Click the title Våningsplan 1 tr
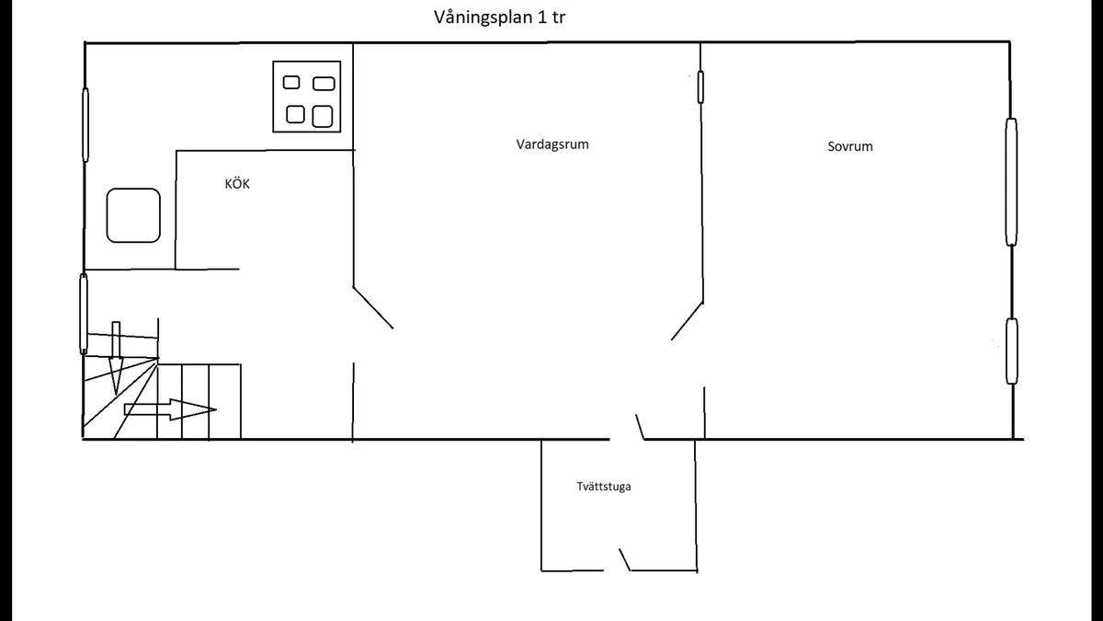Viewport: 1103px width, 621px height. pos(499,17)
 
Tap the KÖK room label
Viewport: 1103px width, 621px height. pos(237,183)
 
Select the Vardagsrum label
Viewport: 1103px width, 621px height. pos(552,144)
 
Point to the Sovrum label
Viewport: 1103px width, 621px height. pos(850,146)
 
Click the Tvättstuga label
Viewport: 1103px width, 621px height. pos(604,487)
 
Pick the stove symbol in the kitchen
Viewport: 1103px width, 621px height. pos(307,97)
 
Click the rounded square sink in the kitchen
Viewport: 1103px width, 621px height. pos(133,215)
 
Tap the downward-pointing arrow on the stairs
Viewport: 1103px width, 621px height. pos(116,358)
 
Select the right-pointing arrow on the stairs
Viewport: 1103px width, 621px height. pos(170,409)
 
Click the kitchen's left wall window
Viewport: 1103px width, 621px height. pos(85,125)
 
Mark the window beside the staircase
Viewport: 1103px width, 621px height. pos(84,314)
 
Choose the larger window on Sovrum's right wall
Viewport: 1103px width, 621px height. pos(1011,182)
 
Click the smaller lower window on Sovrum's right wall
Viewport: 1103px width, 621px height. pos(1012,351)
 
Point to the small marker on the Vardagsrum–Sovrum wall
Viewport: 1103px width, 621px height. pos(700,87)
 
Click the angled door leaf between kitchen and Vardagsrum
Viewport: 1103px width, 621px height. pos(373,307)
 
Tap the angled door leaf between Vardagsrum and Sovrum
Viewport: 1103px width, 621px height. pos(687,321)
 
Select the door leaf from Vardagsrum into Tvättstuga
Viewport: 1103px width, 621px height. pos(640,427)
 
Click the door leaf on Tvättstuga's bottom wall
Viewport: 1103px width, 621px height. pos(625,560)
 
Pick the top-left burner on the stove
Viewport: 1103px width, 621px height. pos(291,82)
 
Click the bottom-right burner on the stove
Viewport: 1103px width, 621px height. pos(323,117)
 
